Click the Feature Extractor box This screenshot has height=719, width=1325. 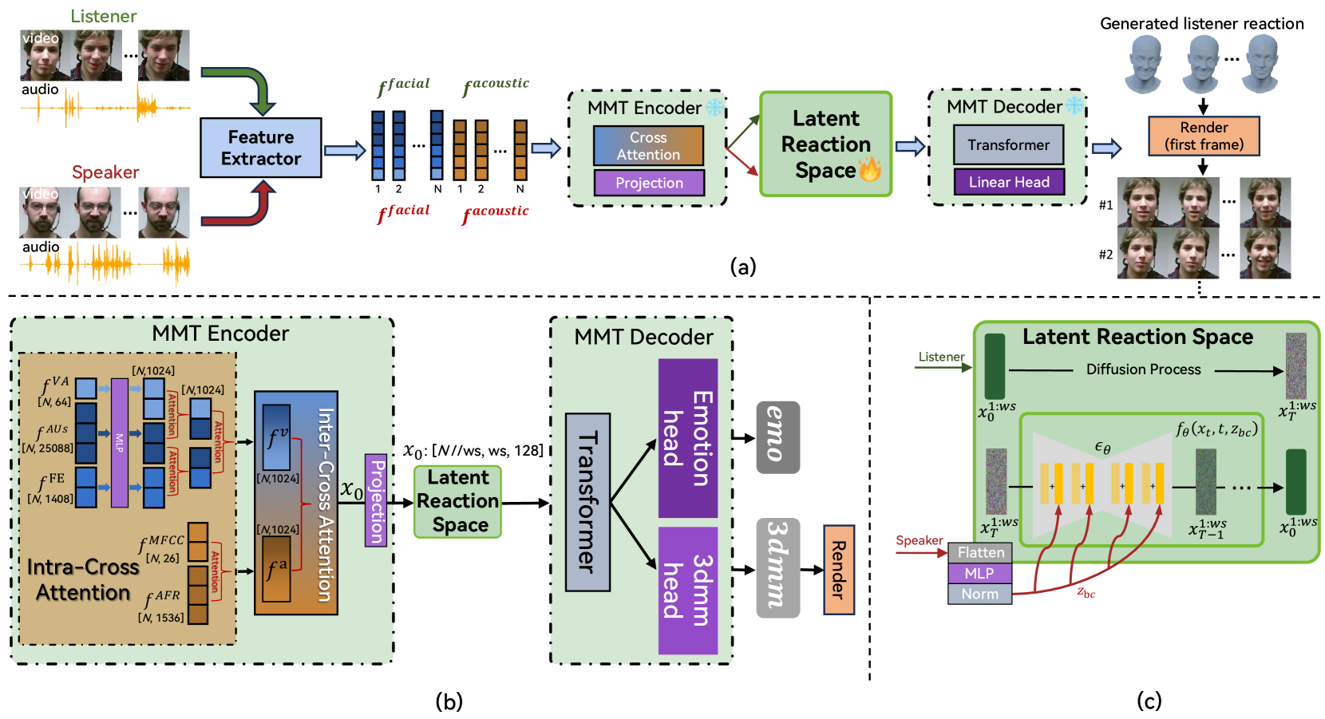click(x=261, y=148)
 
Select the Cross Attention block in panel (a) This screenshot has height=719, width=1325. click(x=648, y=146)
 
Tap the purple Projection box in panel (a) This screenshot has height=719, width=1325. click(x=649, y=183)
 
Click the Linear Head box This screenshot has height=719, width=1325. click(x=1009, y=182)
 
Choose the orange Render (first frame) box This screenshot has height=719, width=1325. click(x=1204, y=136)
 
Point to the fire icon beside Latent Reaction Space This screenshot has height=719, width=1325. click(x=869, y=169)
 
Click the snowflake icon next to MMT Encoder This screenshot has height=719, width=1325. click(x=714, y=108)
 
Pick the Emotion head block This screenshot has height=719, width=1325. click(x=688, y=438)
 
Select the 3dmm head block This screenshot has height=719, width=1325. click(x=688, y=591)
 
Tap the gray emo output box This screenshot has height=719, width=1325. click(x=777, y=437)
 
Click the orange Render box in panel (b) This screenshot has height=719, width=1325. click(x=839, y=570)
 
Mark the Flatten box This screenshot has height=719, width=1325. click(x=980, y=552)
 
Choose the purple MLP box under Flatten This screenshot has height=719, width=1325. click(x=979, y=573)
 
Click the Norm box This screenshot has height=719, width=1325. click(x=979, y=594)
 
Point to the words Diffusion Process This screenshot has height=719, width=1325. click(x=1143, y=369)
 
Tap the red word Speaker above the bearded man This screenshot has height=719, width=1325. click(x=105, y=172)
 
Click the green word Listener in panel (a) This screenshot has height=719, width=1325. click(x=103, y=16)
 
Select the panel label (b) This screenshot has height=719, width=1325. click(x=449, y=701)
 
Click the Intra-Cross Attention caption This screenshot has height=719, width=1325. click(x=83, y=579)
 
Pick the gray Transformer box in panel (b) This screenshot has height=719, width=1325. click(x=587, y=502)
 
